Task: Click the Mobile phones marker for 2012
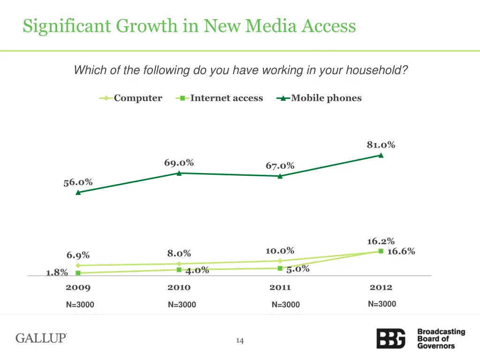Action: tap(381, 156)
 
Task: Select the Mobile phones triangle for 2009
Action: tap(78, 192)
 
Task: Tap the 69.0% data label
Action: tap(179, 163)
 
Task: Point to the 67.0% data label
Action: tap(280, 165)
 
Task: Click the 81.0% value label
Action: tap(381, 145)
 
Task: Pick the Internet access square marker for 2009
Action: tap(78, 273)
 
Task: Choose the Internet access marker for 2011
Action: tap(280, 268)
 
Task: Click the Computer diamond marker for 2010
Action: tap(179, 264)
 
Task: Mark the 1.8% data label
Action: tap(57, 272)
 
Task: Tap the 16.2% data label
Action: tap(381, 241)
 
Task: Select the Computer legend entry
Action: tap(131, 98)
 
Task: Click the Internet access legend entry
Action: tap(220, 98)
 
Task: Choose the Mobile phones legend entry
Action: tap(320, 98)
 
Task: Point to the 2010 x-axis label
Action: tap(179, 287)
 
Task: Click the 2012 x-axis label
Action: tap(381, 287)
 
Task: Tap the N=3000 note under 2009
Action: tap(80, 305)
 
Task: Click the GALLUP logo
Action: tap(41, 338)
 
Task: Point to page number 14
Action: tap(240, 341)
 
